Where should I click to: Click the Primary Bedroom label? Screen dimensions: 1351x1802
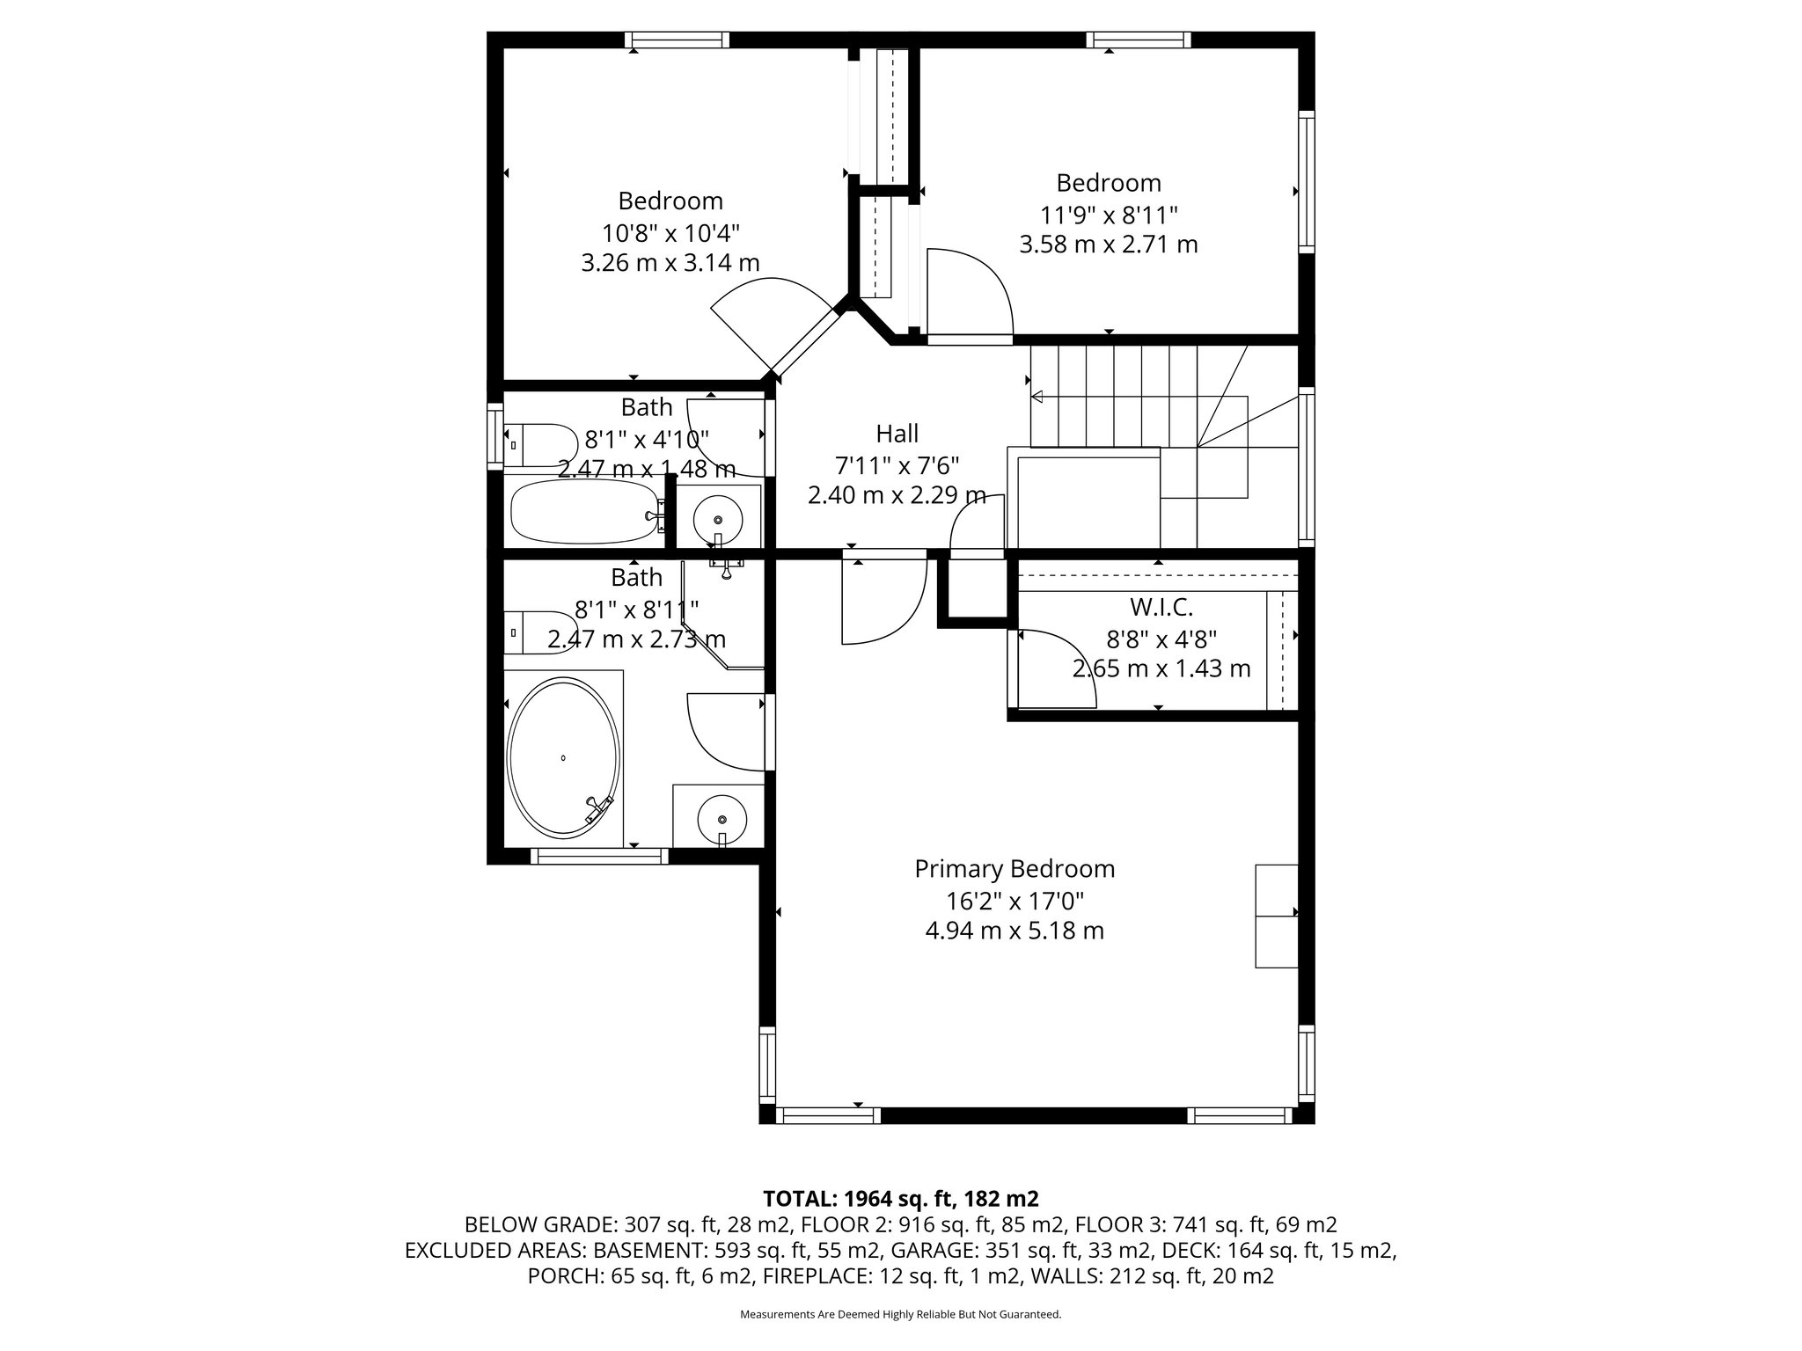pos(1015,869)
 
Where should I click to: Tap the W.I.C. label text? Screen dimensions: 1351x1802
pos(1161,607)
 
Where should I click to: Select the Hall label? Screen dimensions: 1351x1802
pos(897,433)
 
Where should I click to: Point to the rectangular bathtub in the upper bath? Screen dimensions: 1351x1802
pos(584,511)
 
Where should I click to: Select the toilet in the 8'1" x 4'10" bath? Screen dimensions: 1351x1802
pos(538,445)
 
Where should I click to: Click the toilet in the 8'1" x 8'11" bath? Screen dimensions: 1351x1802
pos(538,632)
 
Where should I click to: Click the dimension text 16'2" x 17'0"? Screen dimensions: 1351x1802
pos(1015,901)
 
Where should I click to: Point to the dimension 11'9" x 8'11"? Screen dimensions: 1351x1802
pos(1108,215)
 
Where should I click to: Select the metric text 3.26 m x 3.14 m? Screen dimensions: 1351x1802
pos(670,263)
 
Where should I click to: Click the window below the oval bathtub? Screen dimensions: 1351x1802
pos(598,855)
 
